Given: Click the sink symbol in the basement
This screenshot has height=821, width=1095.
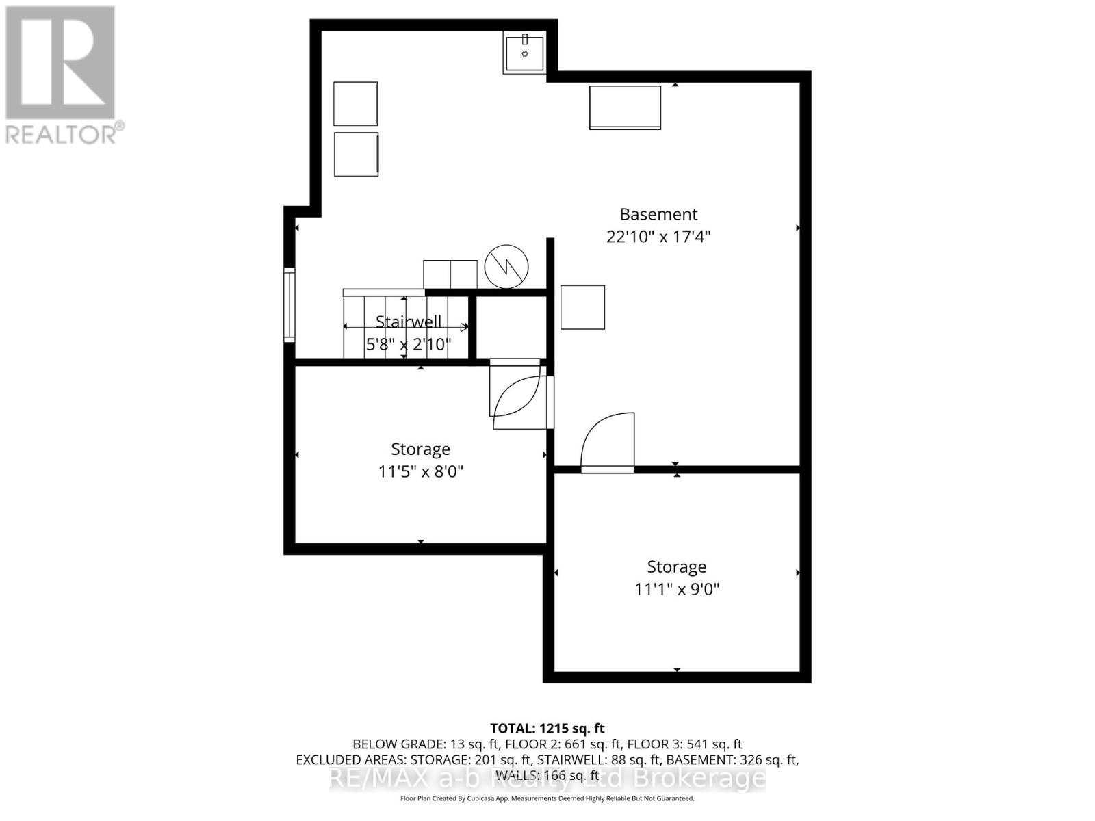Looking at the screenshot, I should (x=524, y=53).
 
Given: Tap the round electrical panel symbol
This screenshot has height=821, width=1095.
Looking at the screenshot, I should (x=506, y=267).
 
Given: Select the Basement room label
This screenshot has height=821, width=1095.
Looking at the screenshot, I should (x=658, y=214).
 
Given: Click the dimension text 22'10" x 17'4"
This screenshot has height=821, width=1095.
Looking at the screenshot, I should (x=658, y=237).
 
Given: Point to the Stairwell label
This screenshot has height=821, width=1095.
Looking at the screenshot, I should (x=409, y=322).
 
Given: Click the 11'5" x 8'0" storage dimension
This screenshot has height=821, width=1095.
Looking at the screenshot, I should (x=420, y=471).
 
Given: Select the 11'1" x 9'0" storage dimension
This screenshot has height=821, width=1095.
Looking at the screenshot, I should (x=676, y=589).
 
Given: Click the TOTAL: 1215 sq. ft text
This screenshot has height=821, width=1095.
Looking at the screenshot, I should (x=547, y=729).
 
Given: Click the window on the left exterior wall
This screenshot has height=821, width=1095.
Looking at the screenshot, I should (x=289, y=305).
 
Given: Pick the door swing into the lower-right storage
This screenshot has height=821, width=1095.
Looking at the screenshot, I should (x=608, y=443).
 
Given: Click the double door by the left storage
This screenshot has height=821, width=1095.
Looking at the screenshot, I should (x=520, y=395).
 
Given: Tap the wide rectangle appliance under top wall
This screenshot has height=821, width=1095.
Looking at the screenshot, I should (x=625, y=107).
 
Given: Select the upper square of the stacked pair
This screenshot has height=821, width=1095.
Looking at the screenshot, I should (x=355, y=103).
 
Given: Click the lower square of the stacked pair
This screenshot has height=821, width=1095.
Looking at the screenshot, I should (x=356, y=154).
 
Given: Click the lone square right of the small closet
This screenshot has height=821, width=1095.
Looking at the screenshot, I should (x=582, y=307).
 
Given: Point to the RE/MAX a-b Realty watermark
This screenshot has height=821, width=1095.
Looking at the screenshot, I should (x=547, y=778).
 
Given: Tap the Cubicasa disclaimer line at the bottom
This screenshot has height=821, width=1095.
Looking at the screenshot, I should (x=547, y=798).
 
